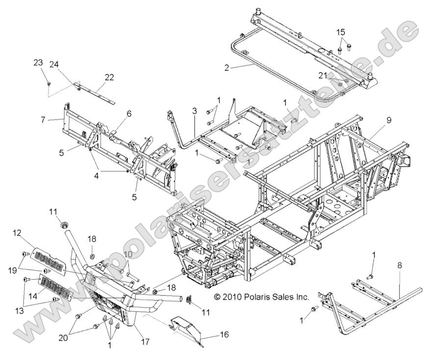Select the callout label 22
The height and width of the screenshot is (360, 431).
109,77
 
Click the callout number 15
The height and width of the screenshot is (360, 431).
341,32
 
